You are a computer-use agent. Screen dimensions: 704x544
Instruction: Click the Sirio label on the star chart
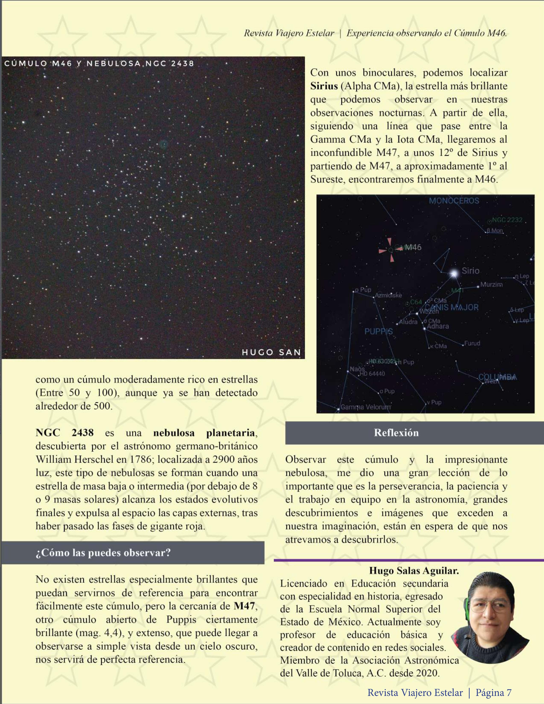point(470,271)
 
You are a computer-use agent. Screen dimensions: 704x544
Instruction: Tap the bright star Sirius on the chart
point(454,274)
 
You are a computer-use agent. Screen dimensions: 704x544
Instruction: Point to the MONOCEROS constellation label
point(454,201)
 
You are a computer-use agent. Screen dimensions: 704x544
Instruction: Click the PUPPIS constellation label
point(379,331)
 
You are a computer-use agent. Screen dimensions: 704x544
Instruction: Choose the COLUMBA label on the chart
point(497,377)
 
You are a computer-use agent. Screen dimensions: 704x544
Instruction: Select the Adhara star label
point(438,326)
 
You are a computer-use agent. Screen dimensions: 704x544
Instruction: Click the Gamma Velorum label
point(365,407)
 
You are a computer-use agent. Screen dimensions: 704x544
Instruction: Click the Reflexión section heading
point(396,433)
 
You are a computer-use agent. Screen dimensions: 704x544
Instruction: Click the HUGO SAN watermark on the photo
point(271,352)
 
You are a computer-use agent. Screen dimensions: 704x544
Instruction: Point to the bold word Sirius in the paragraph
point(324,86)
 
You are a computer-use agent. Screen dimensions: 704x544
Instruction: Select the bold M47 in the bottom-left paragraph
point(244,606)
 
